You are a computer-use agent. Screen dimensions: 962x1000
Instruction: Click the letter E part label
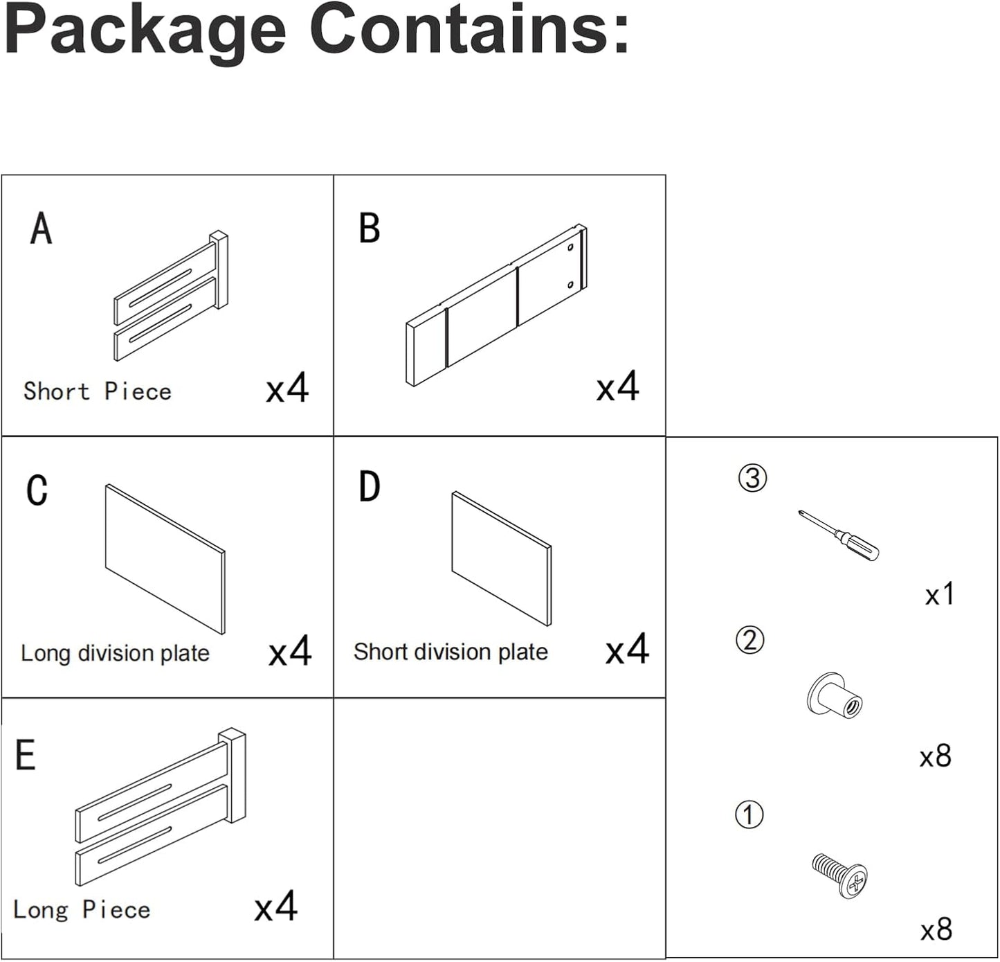point(26,755)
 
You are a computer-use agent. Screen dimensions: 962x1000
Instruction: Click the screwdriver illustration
point(839,535)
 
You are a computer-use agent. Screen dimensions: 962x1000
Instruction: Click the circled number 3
point(752,479)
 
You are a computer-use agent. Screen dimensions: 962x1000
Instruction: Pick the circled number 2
point(749,640)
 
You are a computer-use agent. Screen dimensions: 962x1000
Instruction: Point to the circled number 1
point(749,814)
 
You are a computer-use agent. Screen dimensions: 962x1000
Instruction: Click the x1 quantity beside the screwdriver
point(940,594)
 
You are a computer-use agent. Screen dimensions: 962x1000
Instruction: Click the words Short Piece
point(98,391)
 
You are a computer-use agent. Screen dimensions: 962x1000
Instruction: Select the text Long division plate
point(115,653)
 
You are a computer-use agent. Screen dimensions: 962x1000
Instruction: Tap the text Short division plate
point(451,652)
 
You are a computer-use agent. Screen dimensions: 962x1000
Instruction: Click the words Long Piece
point(82,909)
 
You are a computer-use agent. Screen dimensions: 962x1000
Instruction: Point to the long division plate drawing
point(165,558)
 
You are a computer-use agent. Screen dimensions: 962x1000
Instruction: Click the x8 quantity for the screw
point(936,929)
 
